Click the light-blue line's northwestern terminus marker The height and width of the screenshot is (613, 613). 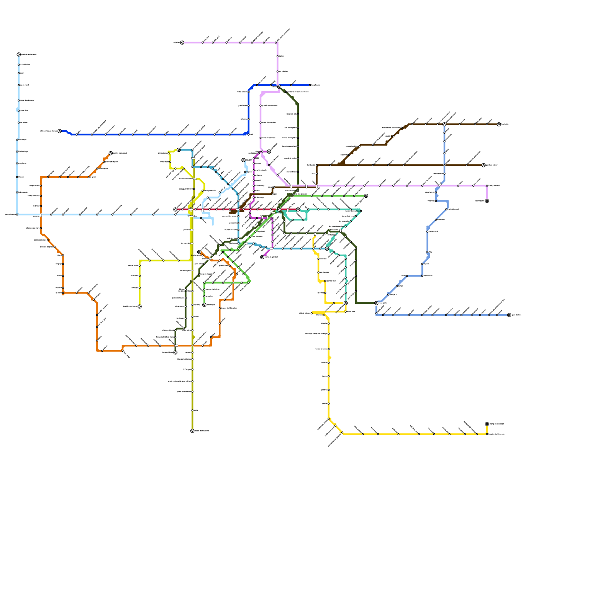tap(19, 54)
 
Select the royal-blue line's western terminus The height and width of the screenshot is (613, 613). tap(59, 131)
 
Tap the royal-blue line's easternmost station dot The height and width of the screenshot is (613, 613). tap(310, 85)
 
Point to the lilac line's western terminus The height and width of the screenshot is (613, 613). tap(182, 43)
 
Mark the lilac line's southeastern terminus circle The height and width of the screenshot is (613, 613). tap(487, 201)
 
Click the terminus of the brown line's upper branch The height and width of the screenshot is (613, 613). tap(499, 124)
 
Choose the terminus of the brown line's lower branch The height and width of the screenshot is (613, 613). tap(484, 165)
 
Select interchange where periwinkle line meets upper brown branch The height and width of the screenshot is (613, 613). tap(444, 124)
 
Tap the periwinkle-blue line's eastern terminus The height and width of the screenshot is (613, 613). tap(509, 315)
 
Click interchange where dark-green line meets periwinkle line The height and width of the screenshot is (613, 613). tap(376, 303)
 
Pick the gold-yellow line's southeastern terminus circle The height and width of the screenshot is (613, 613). tap(487, 424)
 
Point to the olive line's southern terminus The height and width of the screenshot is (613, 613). tap(192, 431)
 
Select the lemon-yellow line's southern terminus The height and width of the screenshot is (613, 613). tap(139, 306)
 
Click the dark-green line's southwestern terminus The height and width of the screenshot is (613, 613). tap(175, 352)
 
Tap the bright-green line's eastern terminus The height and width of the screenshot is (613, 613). tap(366, 196)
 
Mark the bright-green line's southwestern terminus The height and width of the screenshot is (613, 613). tap(204, 305)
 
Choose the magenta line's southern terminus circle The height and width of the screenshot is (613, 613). tap(262, 257)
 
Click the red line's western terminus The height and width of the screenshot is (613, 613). tap(175, 210)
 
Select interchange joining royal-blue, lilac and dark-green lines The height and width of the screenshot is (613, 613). tap(279, 87)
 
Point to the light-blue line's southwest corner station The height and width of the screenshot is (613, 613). tap(17, 215)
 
